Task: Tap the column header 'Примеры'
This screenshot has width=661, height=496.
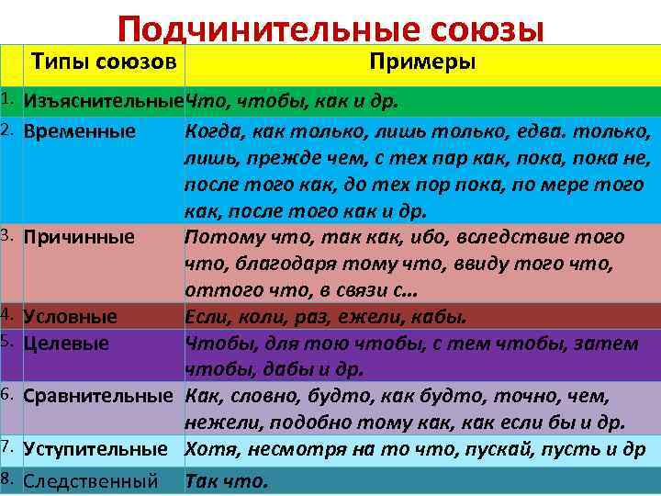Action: (x=422, y=62)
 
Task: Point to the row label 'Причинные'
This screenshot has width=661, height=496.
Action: (x=80, y=237)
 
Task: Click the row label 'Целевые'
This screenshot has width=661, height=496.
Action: (x=67, y=344)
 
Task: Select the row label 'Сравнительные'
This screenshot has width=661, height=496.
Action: (x=98, y=397)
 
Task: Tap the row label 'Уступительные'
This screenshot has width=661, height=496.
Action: (x=95, y=450)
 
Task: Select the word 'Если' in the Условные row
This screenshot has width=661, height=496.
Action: (x=205, y=317)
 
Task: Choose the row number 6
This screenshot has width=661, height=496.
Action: (x=8, y=395)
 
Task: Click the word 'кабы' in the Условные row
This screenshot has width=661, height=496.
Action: (x=443, y=317)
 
